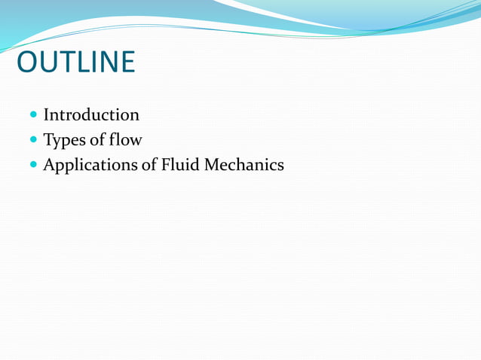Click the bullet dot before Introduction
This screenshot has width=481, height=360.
tap(34, 116)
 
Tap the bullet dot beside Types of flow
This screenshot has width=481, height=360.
tap(34, 140)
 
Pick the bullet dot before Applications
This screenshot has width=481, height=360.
tap(34, 164)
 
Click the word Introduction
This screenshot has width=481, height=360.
tap(90, 115)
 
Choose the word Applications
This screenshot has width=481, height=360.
tap(91, 164)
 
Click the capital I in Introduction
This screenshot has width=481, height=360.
tap(47, 115)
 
